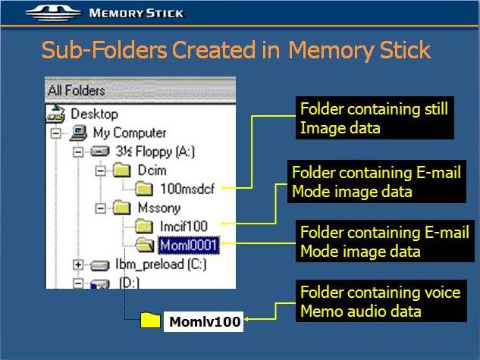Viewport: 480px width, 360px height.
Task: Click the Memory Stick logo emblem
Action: point(53,13)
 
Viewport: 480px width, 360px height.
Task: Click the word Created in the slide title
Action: point(213,50)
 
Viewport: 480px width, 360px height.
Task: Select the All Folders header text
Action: point(77,90)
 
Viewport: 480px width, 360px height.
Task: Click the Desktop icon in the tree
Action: point(55,114)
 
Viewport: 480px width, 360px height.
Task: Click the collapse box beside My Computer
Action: point(55,133)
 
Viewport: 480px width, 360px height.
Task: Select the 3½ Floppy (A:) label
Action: point(155,152)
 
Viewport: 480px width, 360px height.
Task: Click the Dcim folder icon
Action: point(121,171)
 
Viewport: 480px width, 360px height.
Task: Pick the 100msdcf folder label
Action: point(187,189)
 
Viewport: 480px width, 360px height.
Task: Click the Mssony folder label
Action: point(159,208)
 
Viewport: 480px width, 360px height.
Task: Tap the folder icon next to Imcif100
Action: point(144,227)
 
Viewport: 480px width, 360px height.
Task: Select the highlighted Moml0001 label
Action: point(188,245)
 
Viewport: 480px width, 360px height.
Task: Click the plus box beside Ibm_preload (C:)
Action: point(78,265)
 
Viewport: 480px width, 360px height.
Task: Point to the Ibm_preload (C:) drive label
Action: point(161,265)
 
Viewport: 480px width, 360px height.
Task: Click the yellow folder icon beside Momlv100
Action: point(150,321)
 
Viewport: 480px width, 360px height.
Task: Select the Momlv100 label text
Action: point(205,321)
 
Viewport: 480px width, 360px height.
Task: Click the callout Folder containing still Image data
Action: point(375,118)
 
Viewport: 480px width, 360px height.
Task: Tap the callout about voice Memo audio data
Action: point(381,301)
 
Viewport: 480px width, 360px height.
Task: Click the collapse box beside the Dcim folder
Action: point(100,171)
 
